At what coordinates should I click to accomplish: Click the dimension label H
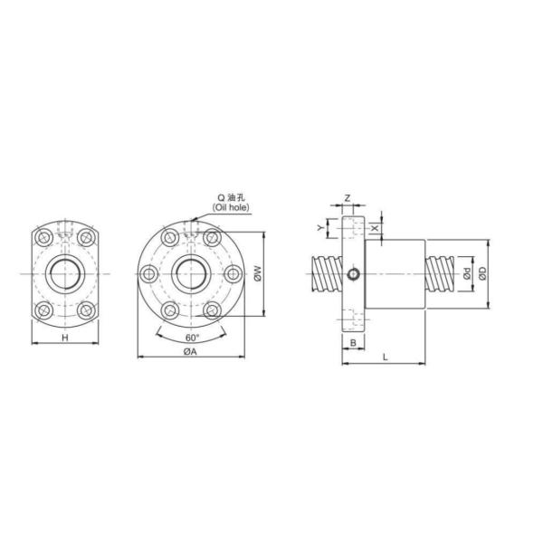(x=64, y=338)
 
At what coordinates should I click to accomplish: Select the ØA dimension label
(x=191, y=353)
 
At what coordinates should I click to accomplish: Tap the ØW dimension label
(x=258, y=271)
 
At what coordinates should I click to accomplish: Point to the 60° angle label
(x=191, y=338)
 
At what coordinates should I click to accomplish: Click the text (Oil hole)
(x=231, y=206)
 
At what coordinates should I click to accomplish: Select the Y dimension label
(x=319, y=227)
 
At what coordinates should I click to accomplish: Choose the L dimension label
(x=385, y=358)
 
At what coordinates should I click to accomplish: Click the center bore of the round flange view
(x=191, y=272)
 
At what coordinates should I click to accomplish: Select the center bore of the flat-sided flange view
(x=64, y=272)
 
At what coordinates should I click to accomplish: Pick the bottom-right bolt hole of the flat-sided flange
(x=85, y=310)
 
